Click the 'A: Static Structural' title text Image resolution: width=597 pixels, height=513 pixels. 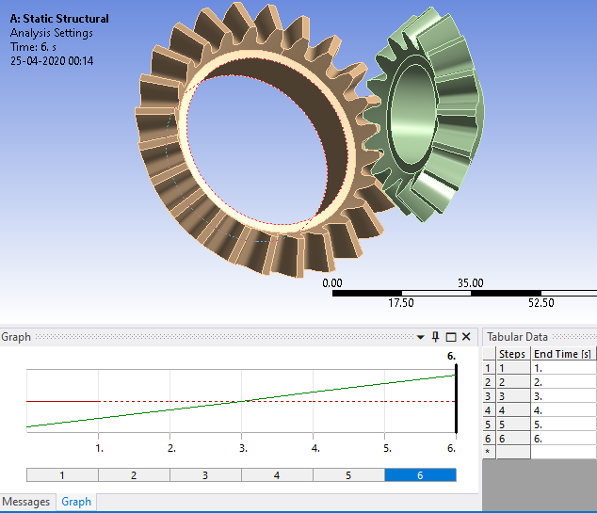[59, 18]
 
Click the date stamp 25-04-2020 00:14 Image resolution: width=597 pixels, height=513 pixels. [52, 60]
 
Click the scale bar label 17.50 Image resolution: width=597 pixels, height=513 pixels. [401, 303]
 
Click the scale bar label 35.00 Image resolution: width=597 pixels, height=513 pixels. [470, 282]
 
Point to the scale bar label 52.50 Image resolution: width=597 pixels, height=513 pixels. [541, 303]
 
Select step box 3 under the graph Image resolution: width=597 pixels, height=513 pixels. [205, 475]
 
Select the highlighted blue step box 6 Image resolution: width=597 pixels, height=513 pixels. [420, 475]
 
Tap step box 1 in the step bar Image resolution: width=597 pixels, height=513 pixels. [62, 475]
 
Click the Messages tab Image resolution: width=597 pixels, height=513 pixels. [26, 502]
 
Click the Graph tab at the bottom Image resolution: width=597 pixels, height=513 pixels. [76, 502]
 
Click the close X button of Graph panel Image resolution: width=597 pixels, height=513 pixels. [466, 337]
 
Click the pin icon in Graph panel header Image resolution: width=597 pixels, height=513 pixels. [435, 337]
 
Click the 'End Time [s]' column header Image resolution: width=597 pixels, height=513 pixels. [562, 354]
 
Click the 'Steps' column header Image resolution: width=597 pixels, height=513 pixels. [512, 354]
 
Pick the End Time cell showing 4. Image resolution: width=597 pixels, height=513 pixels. [562, 410]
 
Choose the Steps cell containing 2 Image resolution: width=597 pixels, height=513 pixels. [512, 382]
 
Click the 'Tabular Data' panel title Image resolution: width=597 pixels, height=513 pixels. [518, 337]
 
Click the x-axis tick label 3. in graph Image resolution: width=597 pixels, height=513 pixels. [243, 448]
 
